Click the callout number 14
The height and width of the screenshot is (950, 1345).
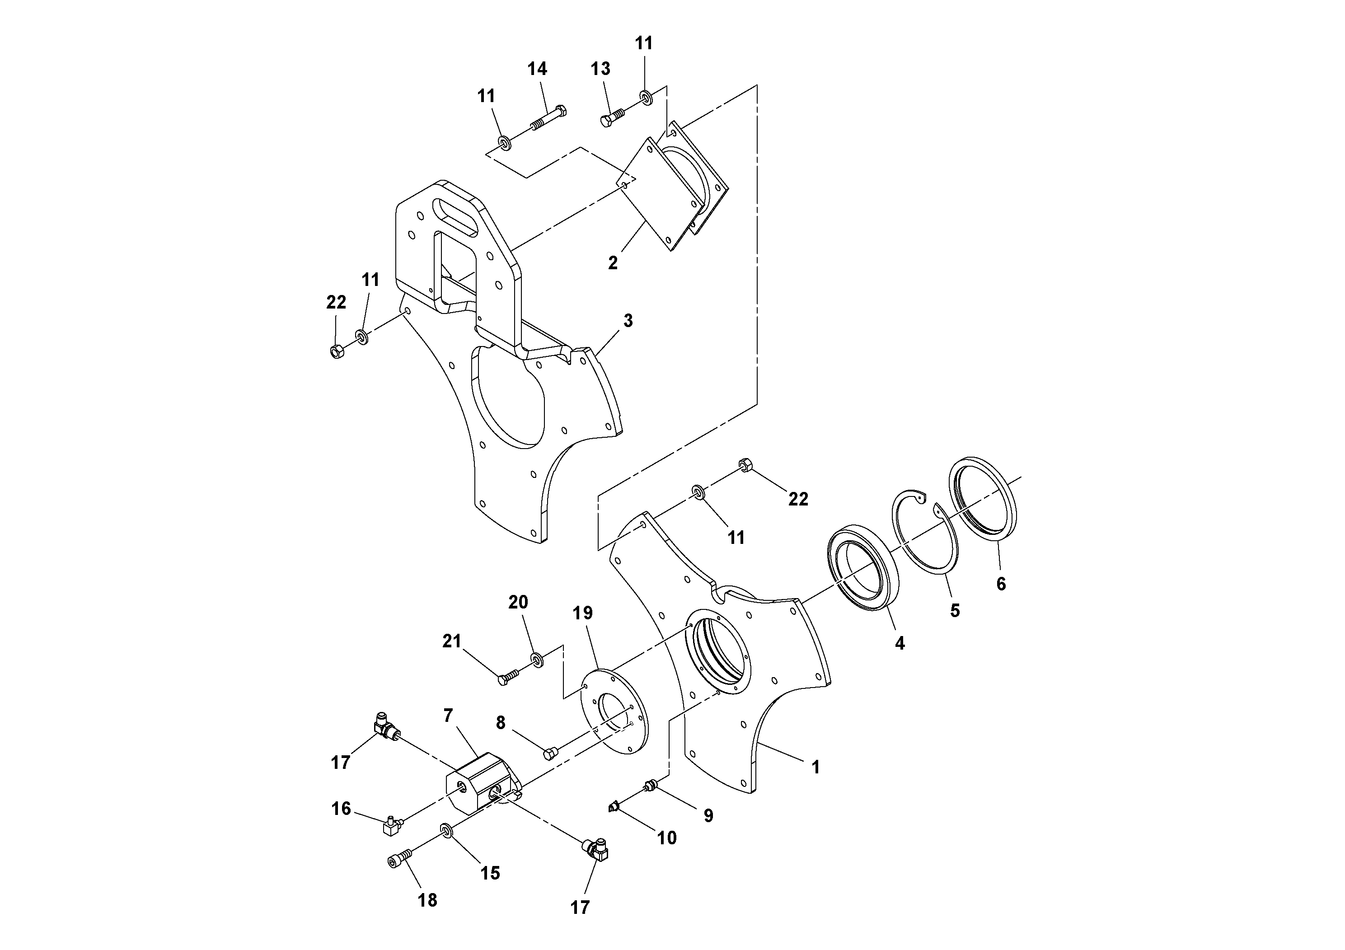537,69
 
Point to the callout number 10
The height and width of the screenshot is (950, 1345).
667,838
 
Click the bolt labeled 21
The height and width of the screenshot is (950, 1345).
508,678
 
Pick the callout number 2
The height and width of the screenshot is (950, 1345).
613,263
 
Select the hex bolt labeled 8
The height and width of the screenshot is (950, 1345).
551,753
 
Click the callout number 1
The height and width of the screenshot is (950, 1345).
815,767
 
